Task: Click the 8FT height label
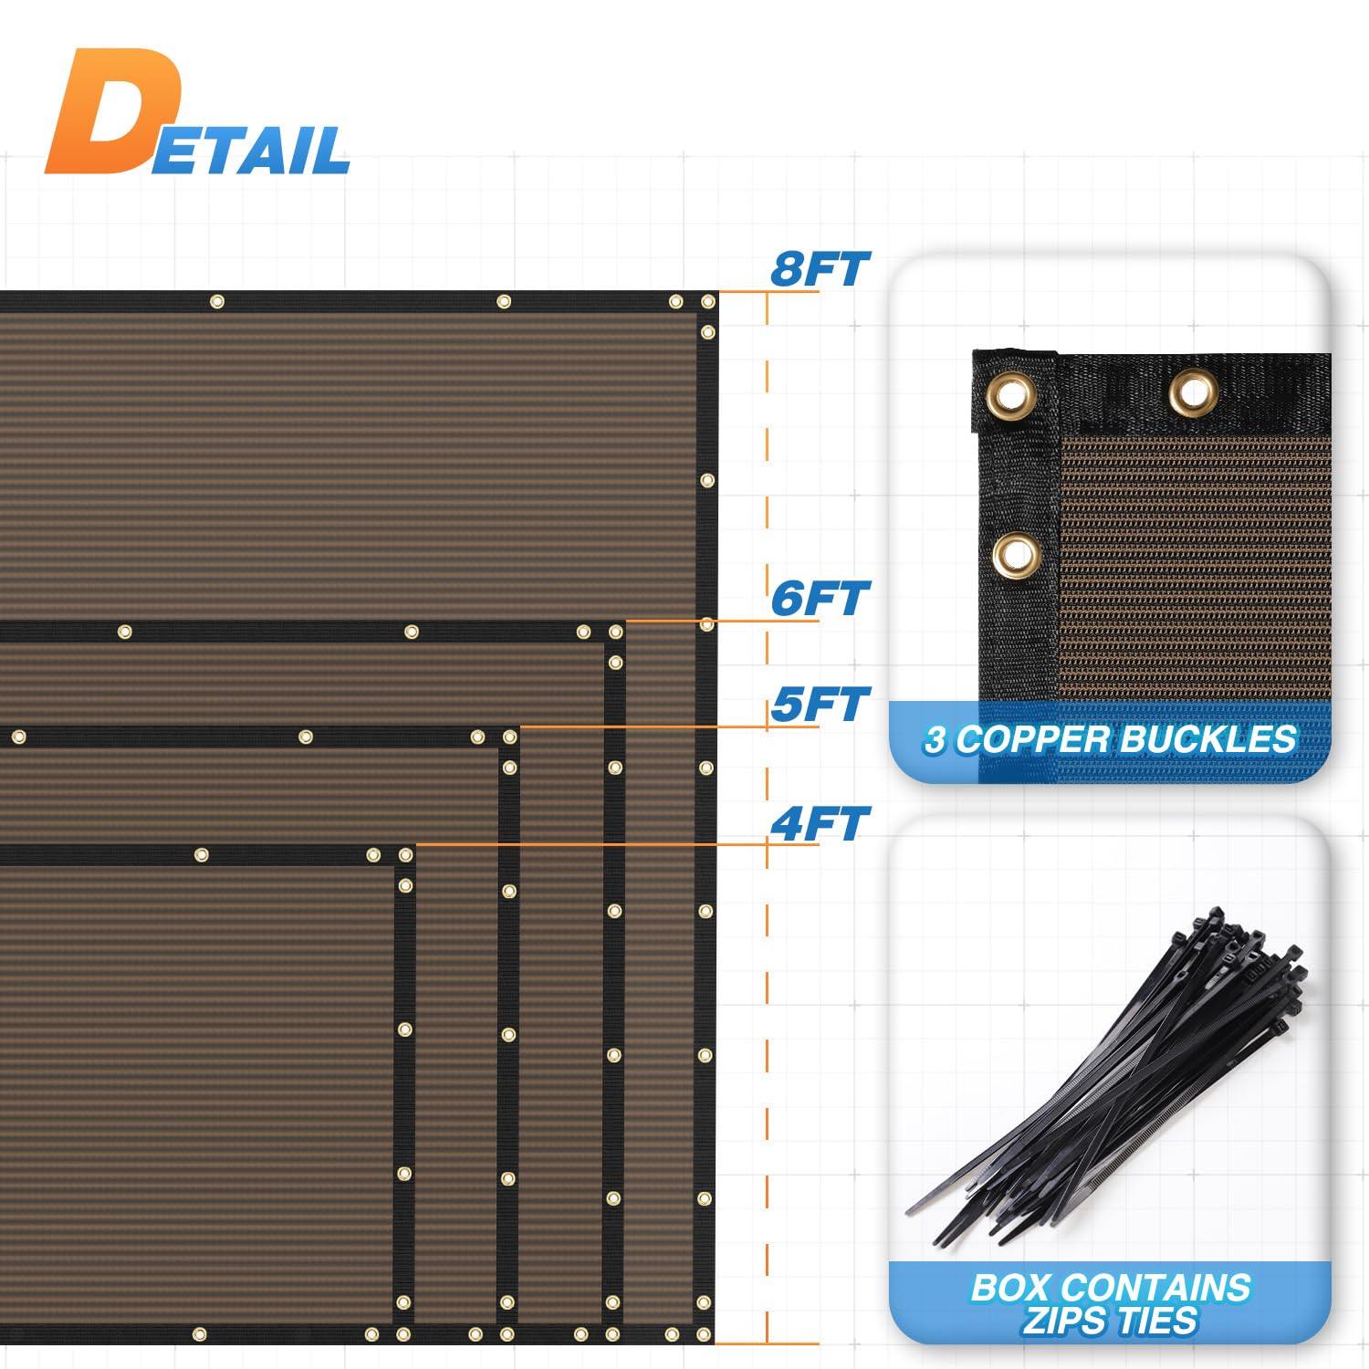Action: (x=820, y=269)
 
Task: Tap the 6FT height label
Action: (x=820, y=599)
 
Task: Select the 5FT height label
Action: (x=820, y=705)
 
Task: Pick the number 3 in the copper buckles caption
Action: (x=934, y=740)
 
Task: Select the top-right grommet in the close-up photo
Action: (x=1193, y=392)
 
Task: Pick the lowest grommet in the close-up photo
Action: (x=1016, y=555)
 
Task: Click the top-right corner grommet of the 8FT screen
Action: (x=707, y=301)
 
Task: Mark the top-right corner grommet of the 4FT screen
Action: (x=404, y=855)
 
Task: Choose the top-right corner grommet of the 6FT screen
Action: (x=616, y=632)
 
